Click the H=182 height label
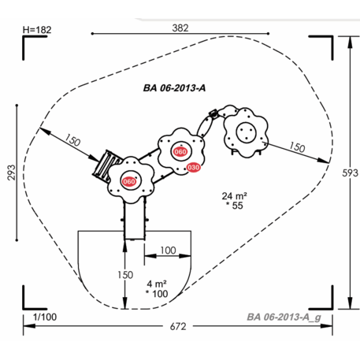pyautogui.click(x=37, y=30)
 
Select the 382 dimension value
pyautogui.click(x=180, y=28)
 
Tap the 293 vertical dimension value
pyautogui.click(x=11, y=173)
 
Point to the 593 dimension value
pyautogui.click(x=350, y=173)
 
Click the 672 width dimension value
pyautogui.click(x=178, y=327)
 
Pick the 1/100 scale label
pyautogui.click(x=45, y=317)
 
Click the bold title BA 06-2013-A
pyautogui.click(x=174, y=88)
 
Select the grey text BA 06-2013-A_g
pyautogui.click(x=284, y=317)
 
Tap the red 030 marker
pyautogui.click(x=194, y=167)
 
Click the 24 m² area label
pyautogui.click(x=234, y=196)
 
